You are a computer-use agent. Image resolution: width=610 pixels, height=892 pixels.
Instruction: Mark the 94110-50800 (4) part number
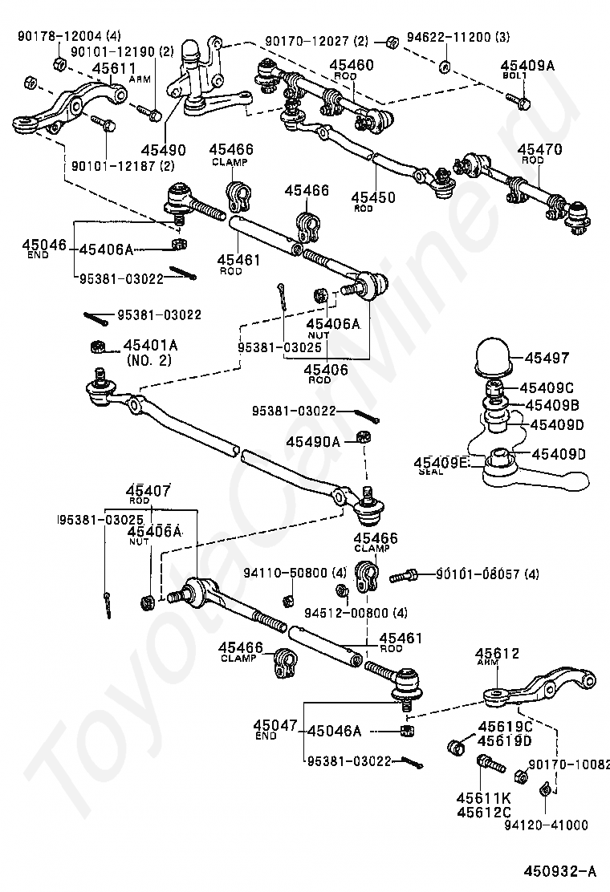[x=295, y=574]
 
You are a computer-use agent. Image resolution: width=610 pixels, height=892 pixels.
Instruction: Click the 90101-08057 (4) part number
[x=487, y=574]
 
